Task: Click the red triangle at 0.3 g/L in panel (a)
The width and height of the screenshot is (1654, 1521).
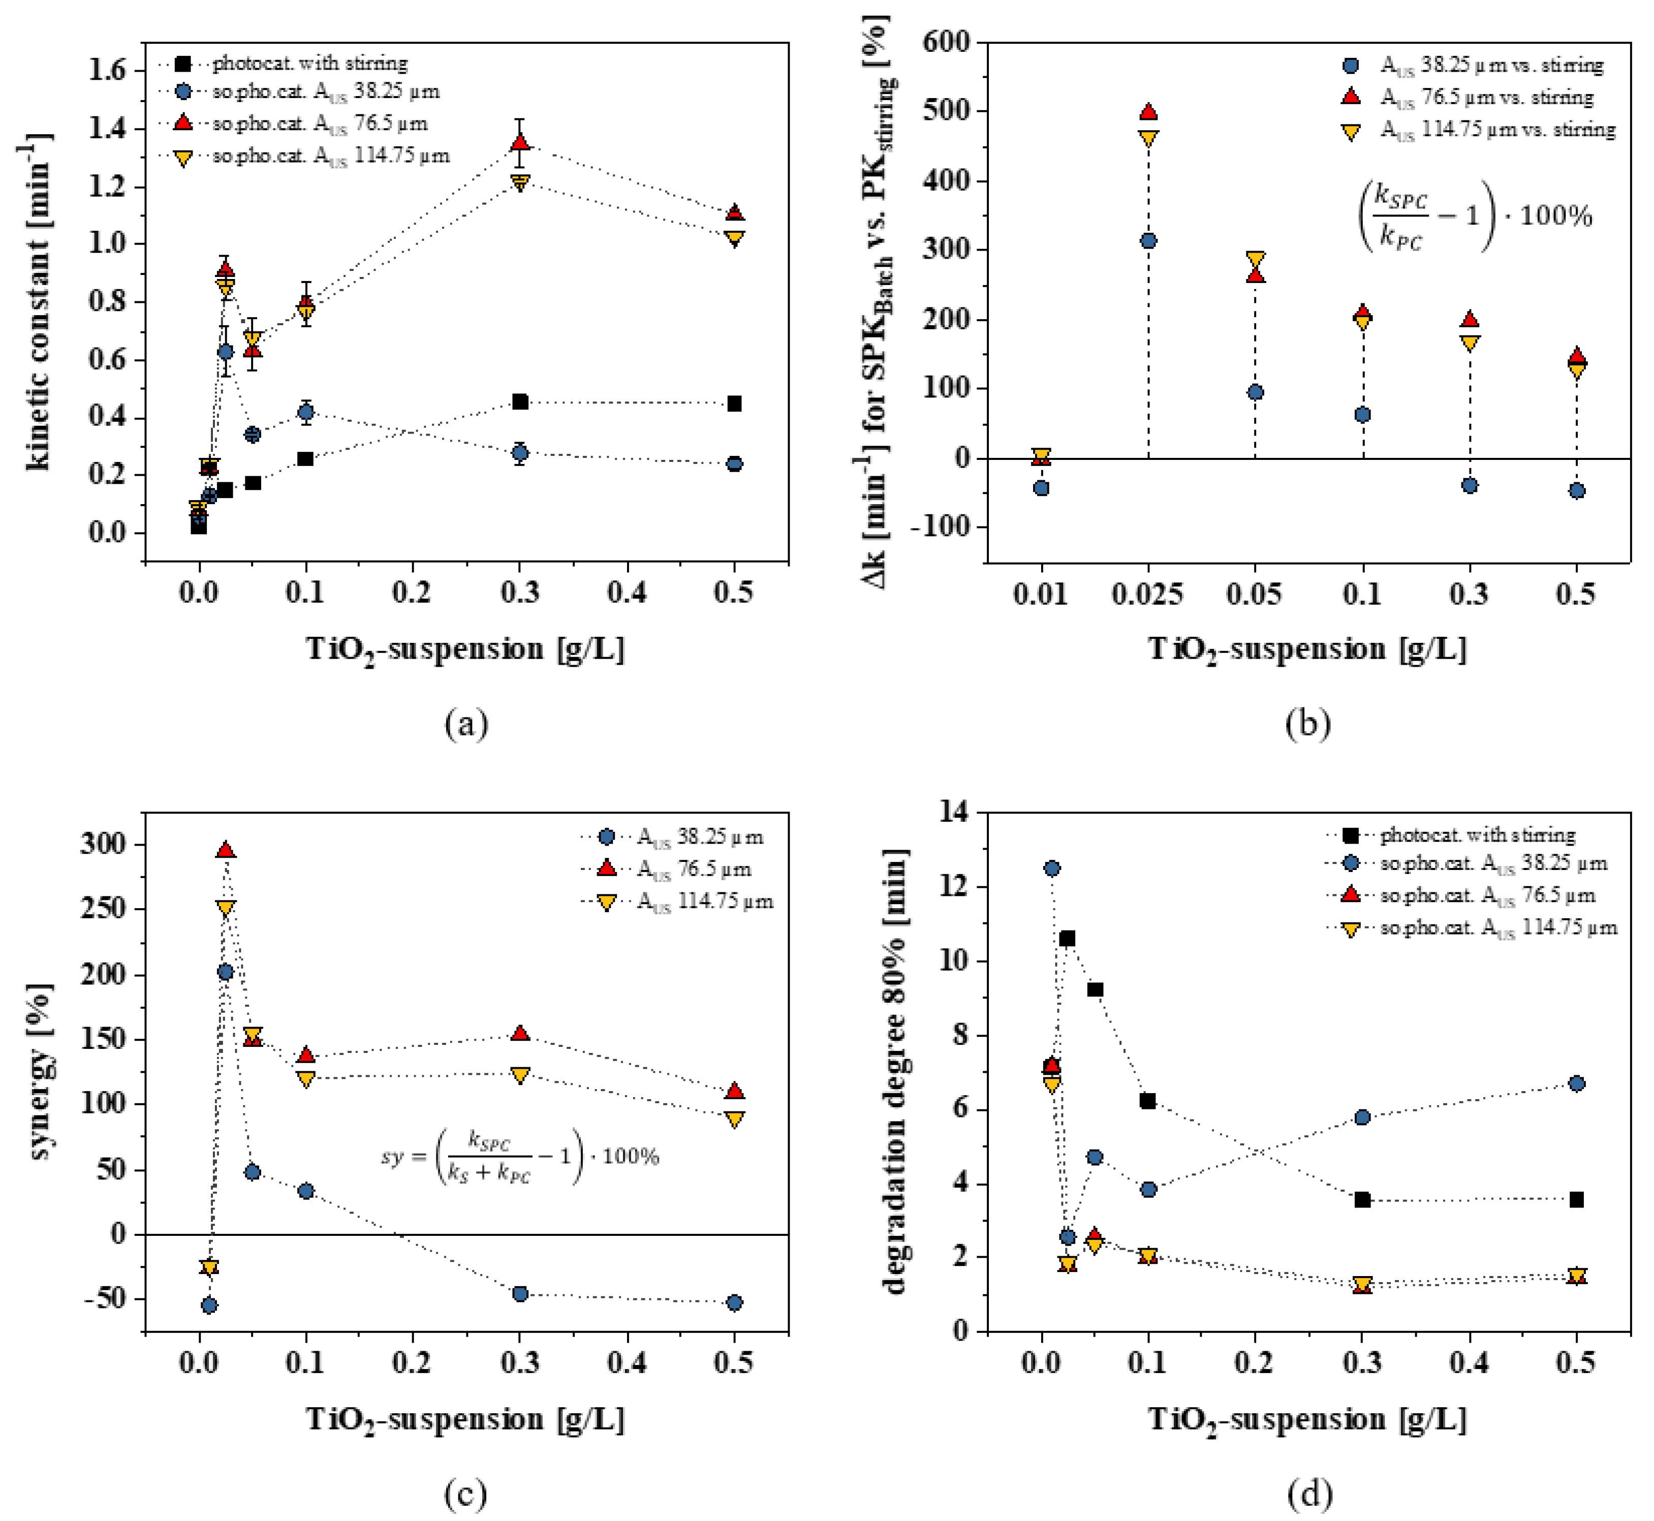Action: coord(519,142)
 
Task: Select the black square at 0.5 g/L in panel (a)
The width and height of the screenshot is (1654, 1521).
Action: coord(734,403)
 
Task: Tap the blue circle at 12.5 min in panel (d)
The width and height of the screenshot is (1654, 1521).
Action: coord(1052,868)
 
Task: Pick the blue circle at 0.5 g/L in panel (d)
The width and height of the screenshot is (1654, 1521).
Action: coord(1577,1084)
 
